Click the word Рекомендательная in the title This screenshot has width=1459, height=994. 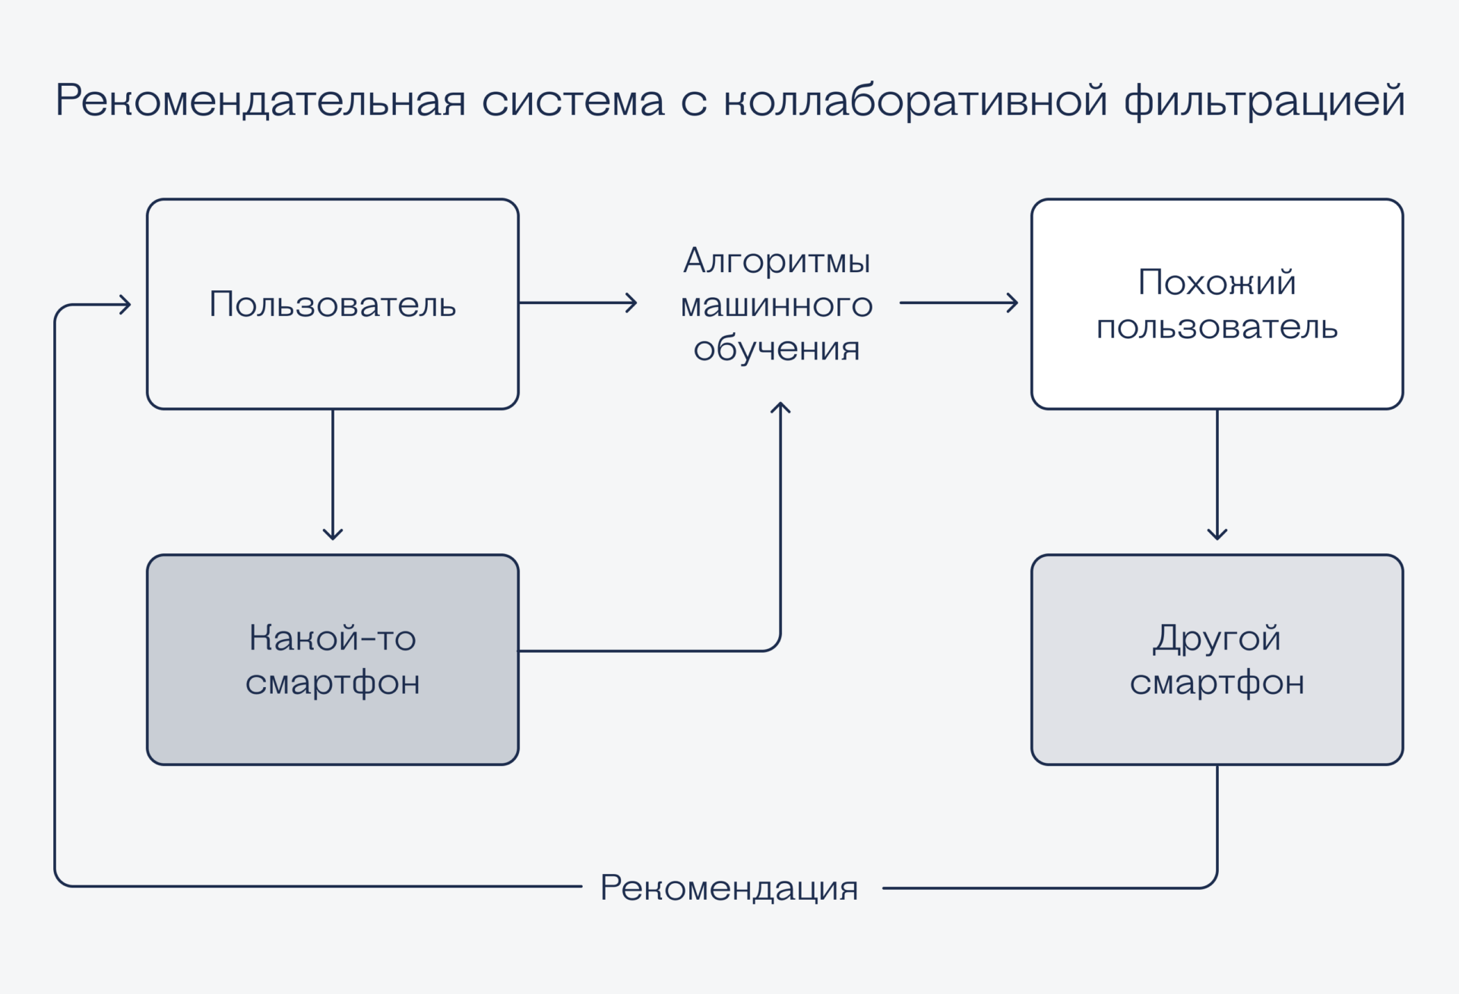pos(260,100)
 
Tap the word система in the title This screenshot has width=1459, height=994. pos(573,100)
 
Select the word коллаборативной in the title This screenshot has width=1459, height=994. pos(915,100)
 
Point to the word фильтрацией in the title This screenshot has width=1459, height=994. pos(1264,100)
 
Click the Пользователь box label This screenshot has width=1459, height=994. pos(333,304)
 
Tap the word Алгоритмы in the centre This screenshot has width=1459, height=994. pos(777,261)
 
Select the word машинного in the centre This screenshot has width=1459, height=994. pos(777,305)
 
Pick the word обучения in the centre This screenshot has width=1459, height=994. pos(777,349)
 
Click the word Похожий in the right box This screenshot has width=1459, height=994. pos(1217,283)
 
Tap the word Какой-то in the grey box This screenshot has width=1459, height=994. pos(333,638)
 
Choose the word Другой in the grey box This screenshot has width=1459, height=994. pos(1217,638)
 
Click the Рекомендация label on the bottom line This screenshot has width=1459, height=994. pos(729,887)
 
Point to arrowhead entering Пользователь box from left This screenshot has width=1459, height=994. pos(126,305)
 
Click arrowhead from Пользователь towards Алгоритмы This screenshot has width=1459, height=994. pos(632,302)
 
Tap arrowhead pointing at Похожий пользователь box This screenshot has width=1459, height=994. pos(1014,302)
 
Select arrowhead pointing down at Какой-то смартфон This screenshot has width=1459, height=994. pos(333,535)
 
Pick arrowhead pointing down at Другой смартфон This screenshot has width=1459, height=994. pos(1217,535)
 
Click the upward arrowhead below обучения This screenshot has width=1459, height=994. pos(780,407)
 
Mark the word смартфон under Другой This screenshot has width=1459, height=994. pos(1217,682)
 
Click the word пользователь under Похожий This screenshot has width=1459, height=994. pos(1217,327)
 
